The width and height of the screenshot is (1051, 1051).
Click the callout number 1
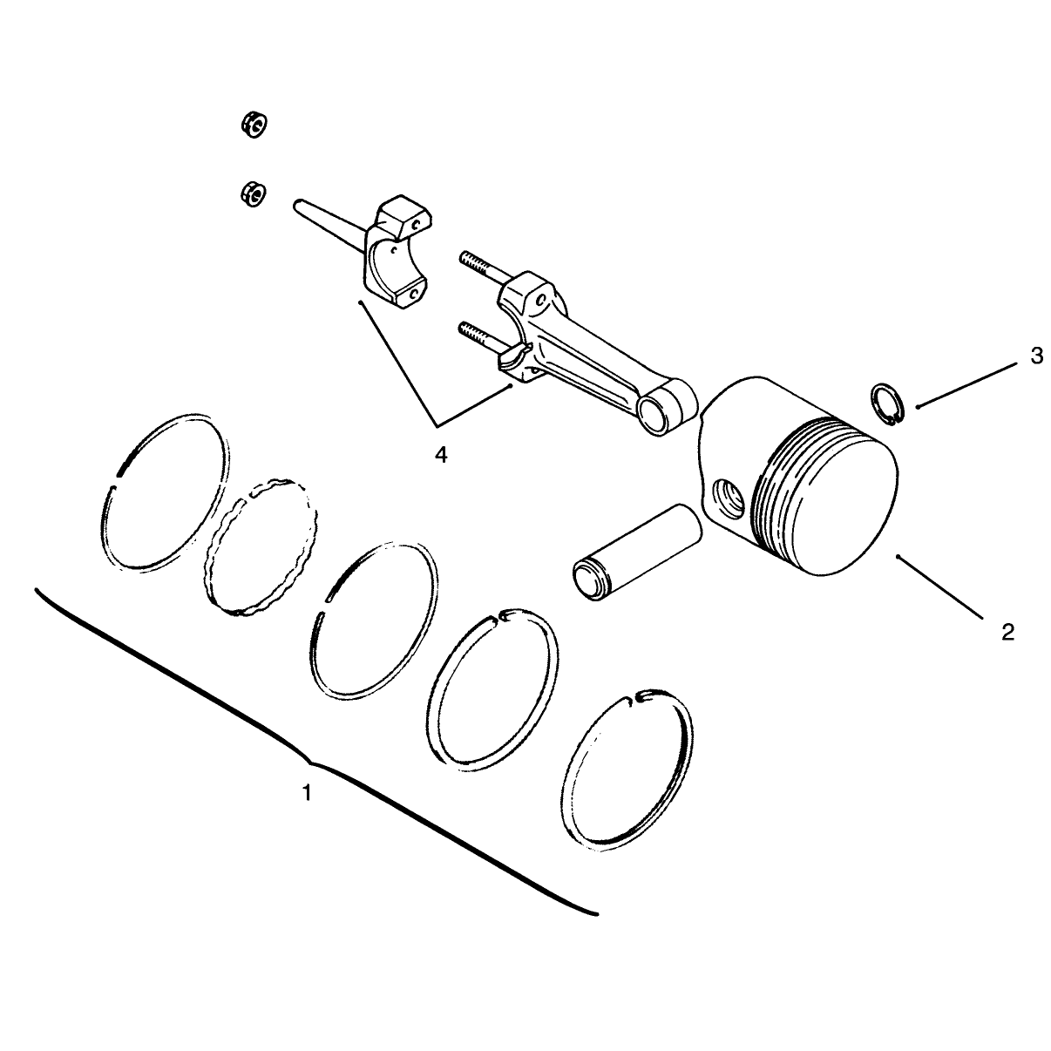coord(307,792)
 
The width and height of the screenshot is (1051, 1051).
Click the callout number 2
coord(1008,632)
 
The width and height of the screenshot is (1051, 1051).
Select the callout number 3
coord(1037,356)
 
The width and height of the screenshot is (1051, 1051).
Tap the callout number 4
coord(441,454)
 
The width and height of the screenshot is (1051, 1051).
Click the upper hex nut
coord(254,125)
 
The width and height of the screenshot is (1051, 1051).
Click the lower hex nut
coord(253,193)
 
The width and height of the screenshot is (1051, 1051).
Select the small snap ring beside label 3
coord(887,404)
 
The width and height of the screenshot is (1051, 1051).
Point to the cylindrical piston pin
coord(637,552)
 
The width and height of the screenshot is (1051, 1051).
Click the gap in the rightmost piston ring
coord(639,697)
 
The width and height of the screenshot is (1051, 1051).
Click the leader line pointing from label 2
coord(939,587)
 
